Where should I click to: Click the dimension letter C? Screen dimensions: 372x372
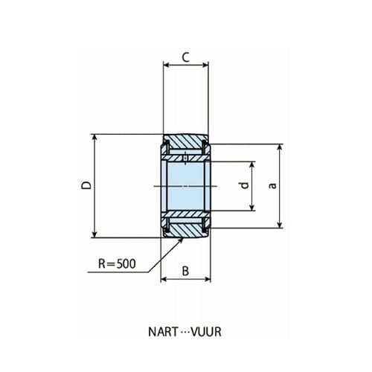186,57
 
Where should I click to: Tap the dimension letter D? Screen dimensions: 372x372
86,185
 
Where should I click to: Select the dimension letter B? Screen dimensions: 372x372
185,271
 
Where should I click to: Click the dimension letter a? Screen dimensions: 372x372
272,185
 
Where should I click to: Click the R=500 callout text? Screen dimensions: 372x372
117,263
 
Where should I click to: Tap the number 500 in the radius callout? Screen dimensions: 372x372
126,263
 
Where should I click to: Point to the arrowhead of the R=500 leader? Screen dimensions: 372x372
181,240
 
